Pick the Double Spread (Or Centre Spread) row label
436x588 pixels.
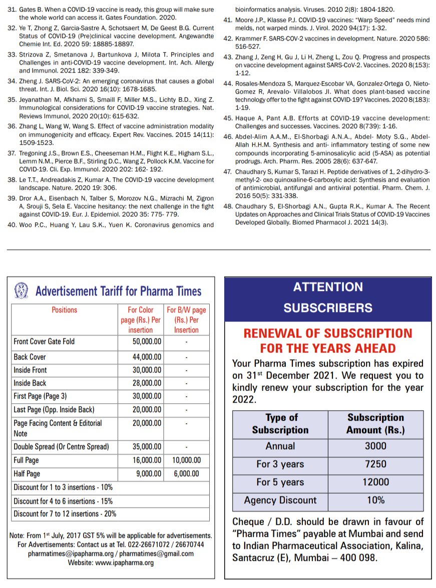pyautogui.click(x=61, y=447)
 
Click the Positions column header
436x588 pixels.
pyautogui.click(x=65, y=310)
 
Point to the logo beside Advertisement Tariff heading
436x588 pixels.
pyautogui.click(x=21, y=290)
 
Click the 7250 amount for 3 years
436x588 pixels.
pyautogui.click(x=375, y=464)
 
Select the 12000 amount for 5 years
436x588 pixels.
pyautogui.click(x=375, y=482)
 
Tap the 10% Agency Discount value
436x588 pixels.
pyautogui.click(x=375, y=500)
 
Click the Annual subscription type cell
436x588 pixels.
pyautogui.click(x=280, y=446)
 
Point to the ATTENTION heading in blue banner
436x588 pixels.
pyautogui.click(x=328, y=287)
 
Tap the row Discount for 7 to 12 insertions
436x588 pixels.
pyautogui.click(x=65, y=514)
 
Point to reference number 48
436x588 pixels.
pyautogui.click(x=228, y=206)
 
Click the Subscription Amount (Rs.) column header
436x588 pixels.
pyautogui.click(x=375, y=424)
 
